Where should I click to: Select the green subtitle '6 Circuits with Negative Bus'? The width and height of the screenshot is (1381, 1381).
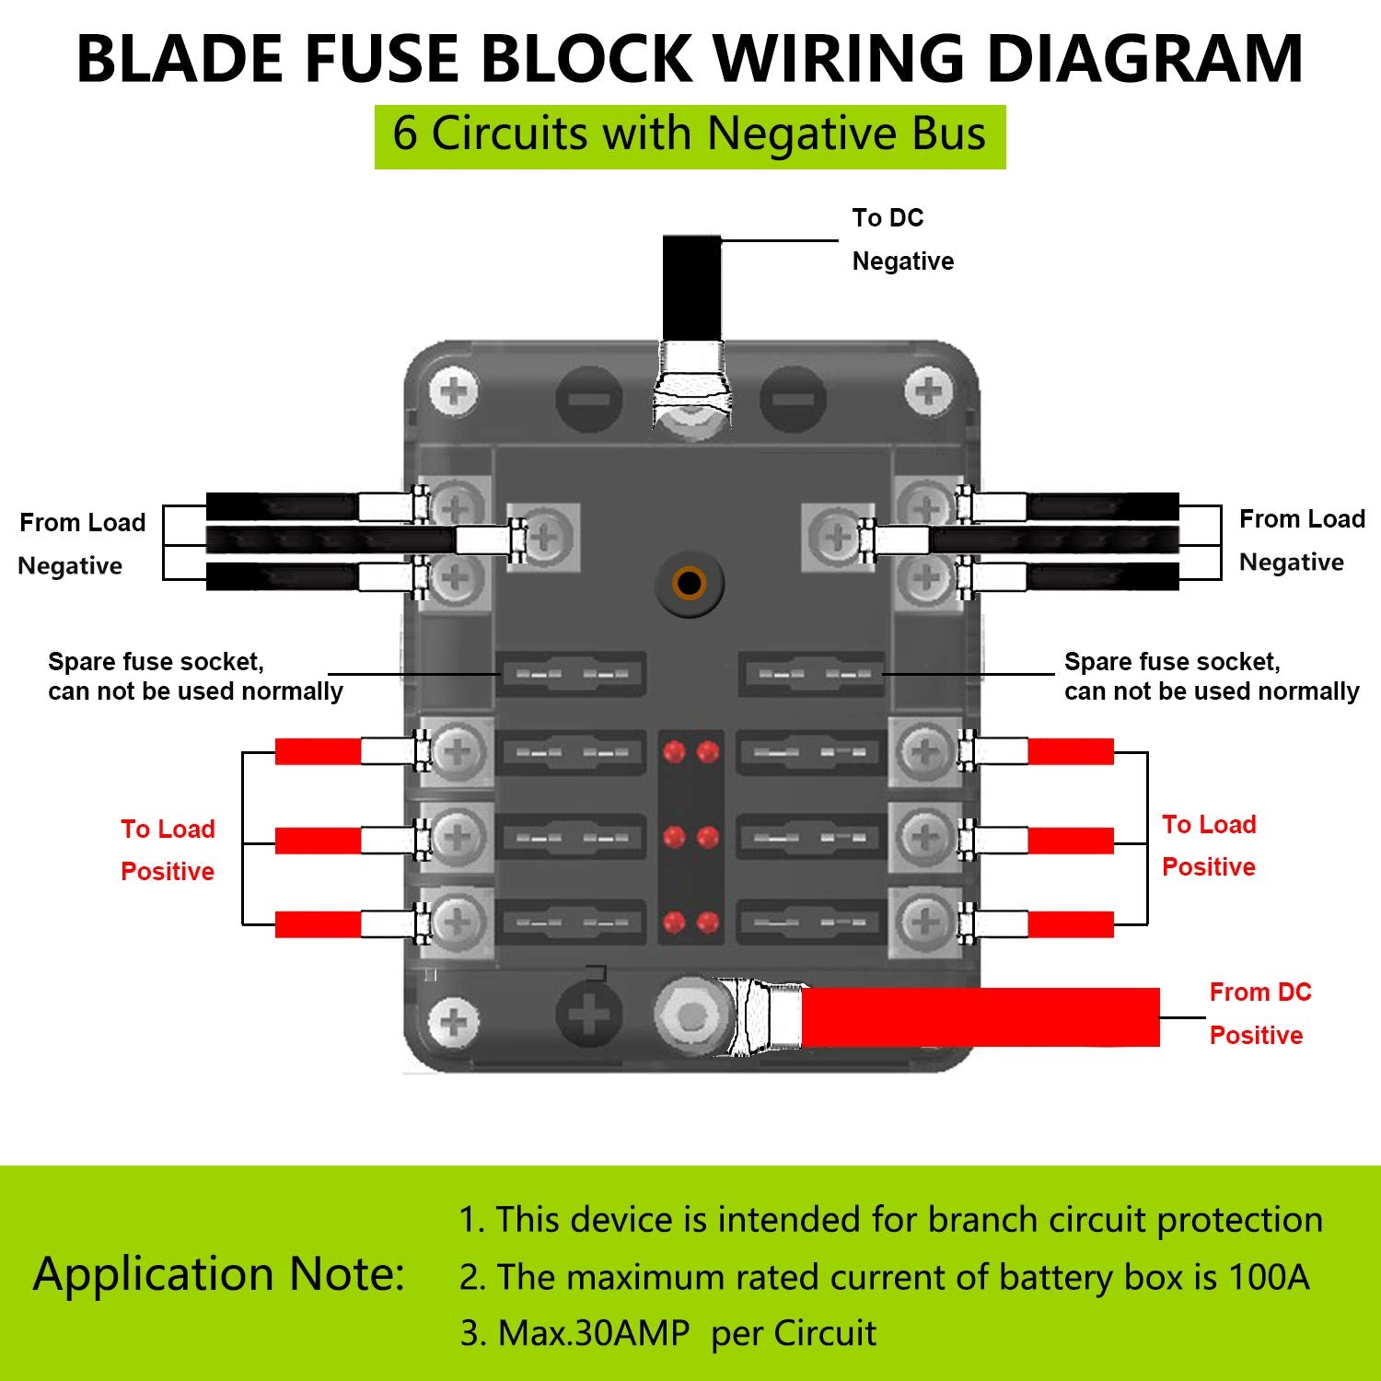690,134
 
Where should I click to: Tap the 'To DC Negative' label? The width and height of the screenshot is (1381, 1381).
901,239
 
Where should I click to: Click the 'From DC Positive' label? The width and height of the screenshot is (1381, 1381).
1259,1014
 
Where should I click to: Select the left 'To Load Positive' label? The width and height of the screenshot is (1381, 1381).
168,850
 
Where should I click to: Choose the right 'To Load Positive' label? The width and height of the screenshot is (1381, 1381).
1209,845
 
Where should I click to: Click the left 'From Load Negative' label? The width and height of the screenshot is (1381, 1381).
82,543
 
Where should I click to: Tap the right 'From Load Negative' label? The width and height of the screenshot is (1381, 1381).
1301,540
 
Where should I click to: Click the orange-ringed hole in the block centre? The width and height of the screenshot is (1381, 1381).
690,583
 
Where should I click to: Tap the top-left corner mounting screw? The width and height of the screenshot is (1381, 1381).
455,394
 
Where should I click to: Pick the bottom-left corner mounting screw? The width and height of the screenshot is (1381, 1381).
455,1022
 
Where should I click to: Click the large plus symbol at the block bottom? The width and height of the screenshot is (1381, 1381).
589,1015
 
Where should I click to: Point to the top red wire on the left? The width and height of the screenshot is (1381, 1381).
318,751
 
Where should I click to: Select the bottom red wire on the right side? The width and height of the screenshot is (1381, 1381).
1070,923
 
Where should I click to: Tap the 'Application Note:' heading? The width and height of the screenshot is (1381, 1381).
219,1275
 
